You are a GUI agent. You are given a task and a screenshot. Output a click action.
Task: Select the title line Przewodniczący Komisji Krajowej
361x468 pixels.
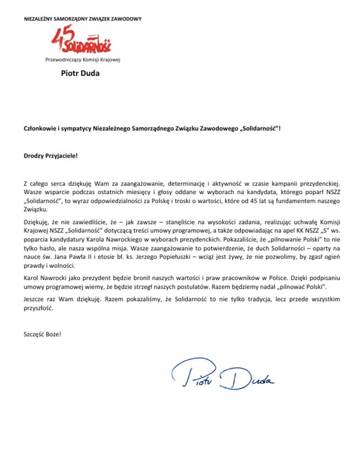pos(83,59)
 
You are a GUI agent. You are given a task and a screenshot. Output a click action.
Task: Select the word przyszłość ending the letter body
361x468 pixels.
pos(39,309)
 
